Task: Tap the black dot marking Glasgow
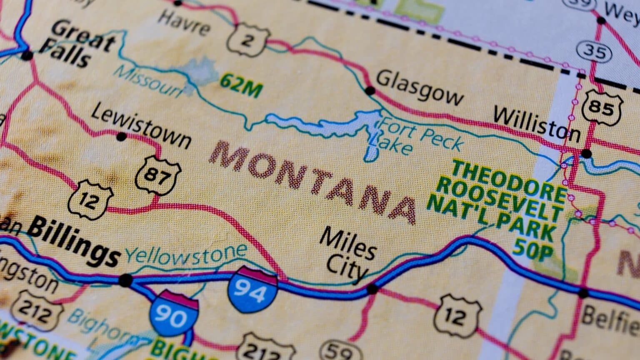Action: pyautogui.click(x=370, y=90)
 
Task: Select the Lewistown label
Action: pyautogui.click(x=141, y=126)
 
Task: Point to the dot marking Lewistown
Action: pyautogui.click(x=121, y=136)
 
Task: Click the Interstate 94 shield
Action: pyautogui.click(x=252, y=290)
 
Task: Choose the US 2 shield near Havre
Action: pyautogui.click(x=247, y=40)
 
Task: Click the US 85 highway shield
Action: pyautogui.click(x=602, y=107)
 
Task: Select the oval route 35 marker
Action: pyautogui.click(x=595, y=51)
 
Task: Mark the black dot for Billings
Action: pyautogui.click(x=125, y=280)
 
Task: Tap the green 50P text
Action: pyautogui.click(x=533, y=250)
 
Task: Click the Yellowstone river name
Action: pyautogui.click(x=186, y=254)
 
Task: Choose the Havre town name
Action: pyautogui.click(x=185, y=23)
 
